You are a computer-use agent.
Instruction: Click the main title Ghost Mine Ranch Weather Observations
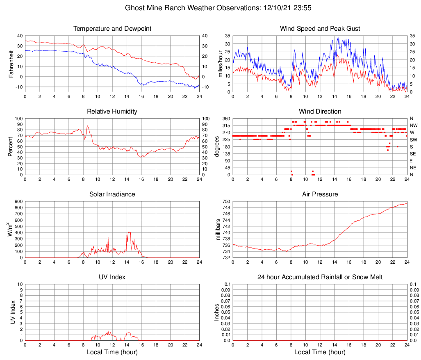(x=211, y=8)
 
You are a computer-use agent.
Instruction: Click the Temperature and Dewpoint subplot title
(x=112, y=29)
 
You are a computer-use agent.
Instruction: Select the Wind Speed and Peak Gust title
(x=320, y=29)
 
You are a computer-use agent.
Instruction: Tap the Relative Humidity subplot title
(x=112, y=112)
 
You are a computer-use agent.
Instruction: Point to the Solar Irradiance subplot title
(x=112, y=194)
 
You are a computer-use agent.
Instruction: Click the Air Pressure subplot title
(x=320, y=194)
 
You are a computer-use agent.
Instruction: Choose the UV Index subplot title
(x=112, y=277)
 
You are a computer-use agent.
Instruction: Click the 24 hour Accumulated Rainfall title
(x=320, y=277)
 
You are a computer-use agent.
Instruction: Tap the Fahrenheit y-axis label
(x=11, y=64)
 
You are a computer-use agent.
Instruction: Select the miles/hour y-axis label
(x=219, y=64)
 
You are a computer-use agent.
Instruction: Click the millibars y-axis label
(x=219, y=230)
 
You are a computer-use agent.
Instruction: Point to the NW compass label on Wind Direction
(x=413, y=125)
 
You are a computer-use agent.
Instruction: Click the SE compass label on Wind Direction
(x=413, y=154)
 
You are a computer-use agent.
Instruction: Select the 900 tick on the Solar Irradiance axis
(x=19, y=201)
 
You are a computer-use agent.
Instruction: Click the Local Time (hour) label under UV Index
(x=112, y=352)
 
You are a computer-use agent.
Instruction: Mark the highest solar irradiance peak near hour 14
(x=129, y=232)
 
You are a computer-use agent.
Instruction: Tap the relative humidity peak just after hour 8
(x=87, y=126)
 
